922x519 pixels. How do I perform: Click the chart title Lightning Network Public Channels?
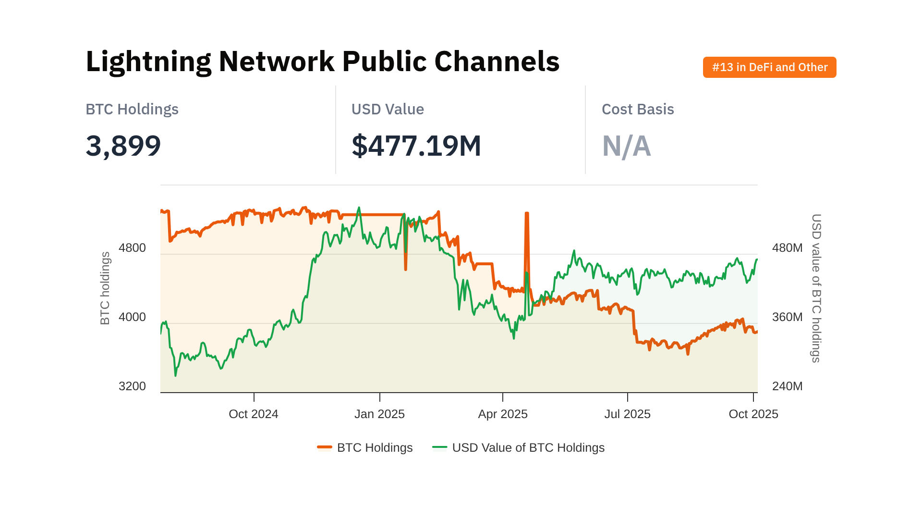click(322, 62)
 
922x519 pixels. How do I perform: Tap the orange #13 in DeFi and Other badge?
click(769, 67)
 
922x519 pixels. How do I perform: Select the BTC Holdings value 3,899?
click(123, 146)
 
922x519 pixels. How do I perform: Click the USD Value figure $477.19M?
click(416, 146)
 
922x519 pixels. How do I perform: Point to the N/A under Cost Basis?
click(626, 146)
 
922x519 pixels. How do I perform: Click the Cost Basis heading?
click(637, 110)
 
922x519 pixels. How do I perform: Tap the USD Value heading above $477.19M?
click(388, 110)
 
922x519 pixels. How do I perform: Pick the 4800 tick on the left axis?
click(132, 248)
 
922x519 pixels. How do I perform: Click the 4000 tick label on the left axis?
click(132, 317)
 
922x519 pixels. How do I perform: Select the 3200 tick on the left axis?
click(132, 386)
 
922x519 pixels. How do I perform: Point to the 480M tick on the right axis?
click(787, 248)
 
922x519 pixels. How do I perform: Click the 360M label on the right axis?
click(787, 317)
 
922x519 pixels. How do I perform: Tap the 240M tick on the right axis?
click(787, 386)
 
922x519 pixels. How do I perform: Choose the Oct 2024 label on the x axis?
click(254, 414)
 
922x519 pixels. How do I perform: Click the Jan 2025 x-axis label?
click(379, 414)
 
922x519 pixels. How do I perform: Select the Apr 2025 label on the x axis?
click(503, 414)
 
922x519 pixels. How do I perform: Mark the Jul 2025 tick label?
click(627, 414)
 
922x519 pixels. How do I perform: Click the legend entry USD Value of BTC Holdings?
click(528, 448)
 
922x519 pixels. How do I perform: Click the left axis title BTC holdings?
click(105, 288)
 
